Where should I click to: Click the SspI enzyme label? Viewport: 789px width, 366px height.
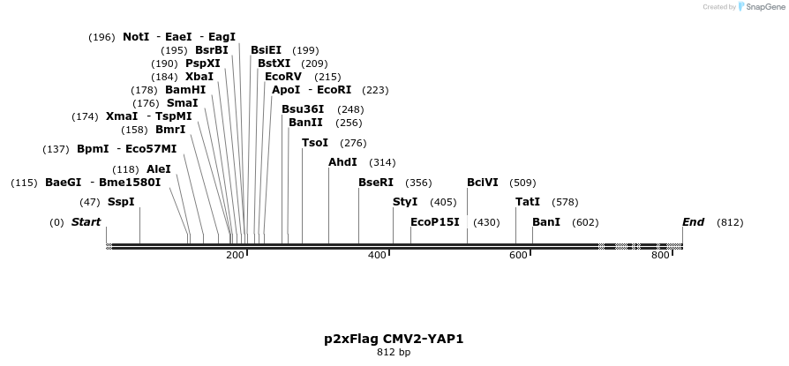pos(121,202)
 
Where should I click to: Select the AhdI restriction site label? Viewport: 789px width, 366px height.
pos(342,162)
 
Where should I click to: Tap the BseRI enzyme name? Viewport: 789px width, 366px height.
pos(375,183)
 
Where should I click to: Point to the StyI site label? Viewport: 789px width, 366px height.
pos(405,202)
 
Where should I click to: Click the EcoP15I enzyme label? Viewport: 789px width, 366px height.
pos(435,222)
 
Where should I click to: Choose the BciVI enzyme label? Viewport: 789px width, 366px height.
pos(483,183)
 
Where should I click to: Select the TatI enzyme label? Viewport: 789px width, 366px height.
pos(528,202)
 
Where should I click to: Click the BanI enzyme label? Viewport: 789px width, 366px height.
pos(546,222)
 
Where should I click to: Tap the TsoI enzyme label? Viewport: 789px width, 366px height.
pos(315,143)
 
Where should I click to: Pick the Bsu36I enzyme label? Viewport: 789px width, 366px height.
pos(303,109)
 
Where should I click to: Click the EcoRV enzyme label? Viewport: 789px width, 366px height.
pos(283,77)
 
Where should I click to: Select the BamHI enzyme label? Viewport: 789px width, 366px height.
pos(185,90)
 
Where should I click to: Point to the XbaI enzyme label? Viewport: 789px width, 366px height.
pos(199,77)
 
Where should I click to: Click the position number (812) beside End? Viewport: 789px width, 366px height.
pos(730,222)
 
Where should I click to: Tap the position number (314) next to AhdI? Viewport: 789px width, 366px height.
pos(382,162)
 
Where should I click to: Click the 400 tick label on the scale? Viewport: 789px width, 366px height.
pos(377,256)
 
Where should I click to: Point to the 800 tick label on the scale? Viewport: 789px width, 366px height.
pos(660,256)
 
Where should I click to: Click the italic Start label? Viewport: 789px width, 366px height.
pos(86,222)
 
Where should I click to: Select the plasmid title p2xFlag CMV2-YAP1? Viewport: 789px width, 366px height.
pos(394,339)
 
